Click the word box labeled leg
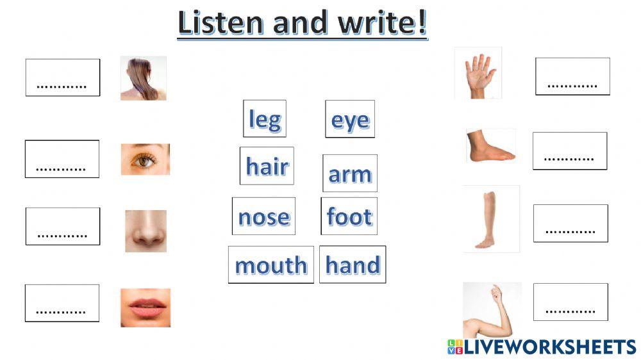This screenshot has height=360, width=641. point(264,119)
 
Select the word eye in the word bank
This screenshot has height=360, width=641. point(350,119)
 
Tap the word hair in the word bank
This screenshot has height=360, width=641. point(267,166)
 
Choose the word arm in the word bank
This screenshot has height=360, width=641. point(350,173)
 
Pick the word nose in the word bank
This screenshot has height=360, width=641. point(263,217)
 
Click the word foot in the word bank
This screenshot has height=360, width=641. point(349,217)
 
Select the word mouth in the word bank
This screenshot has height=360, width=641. point(271,265)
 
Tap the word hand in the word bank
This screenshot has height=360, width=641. point(353,264)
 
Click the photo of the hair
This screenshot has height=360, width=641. point(144,78)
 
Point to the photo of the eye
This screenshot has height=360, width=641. point(146,160)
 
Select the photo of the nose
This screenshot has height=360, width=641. point(146,231)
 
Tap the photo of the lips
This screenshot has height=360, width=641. point(146,307)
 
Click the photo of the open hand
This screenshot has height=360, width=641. point(478,73)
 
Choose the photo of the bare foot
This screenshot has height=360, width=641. point(490,146)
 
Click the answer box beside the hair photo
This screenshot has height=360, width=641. point(63,78)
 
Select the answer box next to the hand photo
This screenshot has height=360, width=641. point(572,76)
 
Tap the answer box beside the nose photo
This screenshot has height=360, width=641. point(63,226)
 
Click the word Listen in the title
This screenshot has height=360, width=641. point(221,24)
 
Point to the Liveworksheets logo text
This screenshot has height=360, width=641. point(549,347)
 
